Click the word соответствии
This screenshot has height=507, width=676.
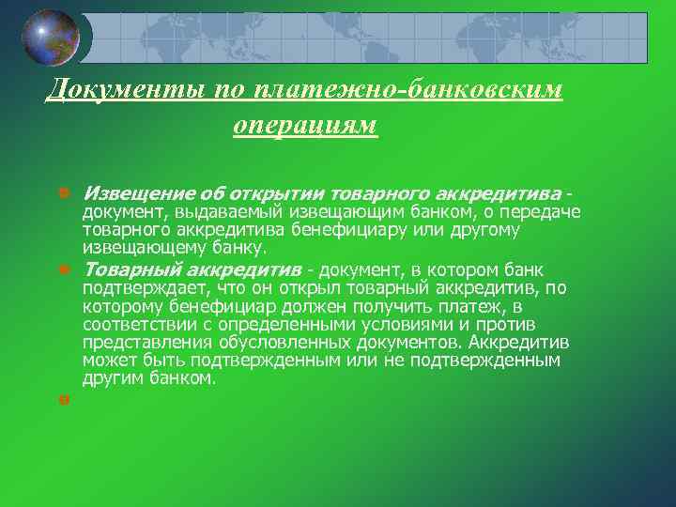(135, 324)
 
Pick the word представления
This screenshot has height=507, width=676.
(142, 342)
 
